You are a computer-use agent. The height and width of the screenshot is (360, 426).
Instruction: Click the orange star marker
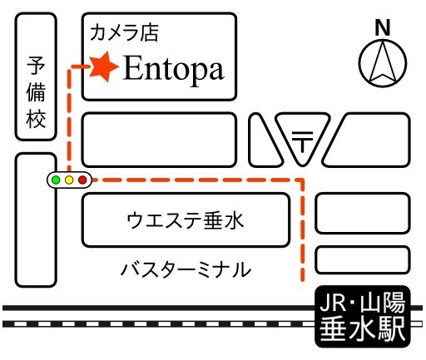(104, 67)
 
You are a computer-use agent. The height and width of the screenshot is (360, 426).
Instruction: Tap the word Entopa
(174, 69)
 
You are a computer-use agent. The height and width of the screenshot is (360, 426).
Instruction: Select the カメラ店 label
(125, 32)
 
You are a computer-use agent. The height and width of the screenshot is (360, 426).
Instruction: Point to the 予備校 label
(36, 92)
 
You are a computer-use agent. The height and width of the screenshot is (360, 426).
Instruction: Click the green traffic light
(56, 180)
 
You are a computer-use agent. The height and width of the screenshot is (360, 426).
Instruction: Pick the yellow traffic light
(69, 180)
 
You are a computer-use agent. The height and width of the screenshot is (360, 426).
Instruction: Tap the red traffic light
(82, 180)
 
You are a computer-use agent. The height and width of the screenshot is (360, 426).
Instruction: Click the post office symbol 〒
(302, 141)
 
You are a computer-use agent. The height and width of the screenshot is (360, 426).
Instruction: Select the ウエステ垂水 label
(186, 220)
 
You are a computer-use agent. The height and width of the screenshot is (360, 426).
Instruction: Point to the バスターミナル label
(186, 269)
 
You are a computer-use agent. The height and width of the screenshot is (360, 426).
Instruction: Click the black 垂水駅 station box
(363, 316)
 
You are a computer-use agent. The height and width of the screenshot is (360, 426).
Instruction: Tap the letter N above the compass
(383, 27)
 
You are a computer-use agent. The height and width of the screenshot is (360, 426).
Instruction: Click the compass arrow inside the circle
(383, 62)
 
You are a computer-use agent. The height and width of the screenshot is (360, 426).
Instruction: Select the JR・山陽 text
(363, 303)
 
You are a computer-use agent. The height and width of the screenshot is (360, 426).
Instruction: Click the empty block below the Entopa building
(159, 140)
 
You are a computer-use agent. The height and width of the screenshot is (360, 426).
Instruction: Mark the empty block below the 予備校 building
(36, 219)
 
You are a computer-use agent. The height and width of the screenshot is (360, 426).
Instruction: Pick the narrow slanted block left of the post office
(265, 141)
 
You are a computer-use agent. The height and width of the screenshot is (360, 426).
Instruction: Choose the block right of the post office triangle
(368, 140)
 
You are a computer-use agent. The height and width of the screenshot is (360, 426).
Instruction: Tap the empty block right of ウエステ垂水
(363, 213)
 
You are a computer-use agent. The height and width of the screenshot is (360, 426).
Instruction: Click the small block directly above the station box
(363, 259)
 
